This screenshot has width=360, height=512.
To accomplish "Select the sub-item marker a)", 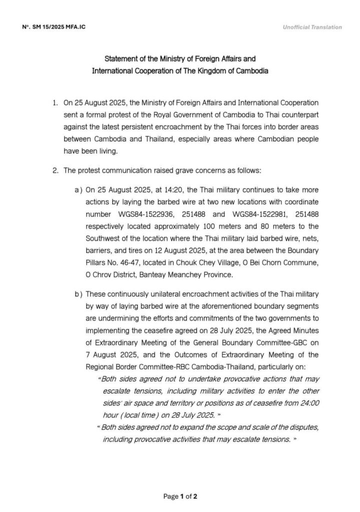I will point(78,190).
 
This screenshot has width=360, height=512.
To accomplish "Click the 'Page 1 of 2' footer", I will point(180,496).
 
